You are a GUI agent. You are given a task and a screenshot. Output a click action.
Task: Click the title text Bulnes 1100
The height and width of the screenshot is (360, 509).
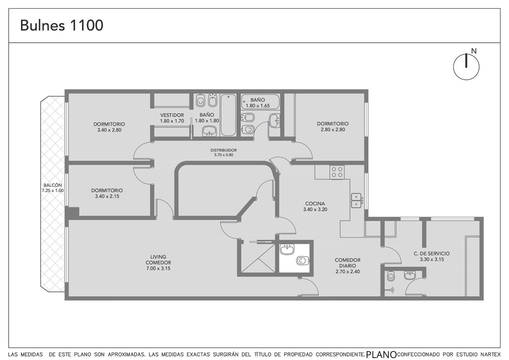pos(62,25)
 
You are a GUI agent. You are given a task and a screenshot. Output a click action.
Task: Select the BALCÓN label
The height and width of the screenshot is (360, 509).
pos(53,185)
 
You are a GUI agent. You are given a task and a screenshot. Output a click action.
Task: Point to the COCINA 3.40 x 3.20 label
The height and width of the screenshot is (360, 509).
pos(315,206)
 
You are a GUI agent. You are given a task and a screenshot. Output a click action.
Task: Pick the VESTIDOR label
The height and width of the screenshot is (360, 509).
pos(172,115)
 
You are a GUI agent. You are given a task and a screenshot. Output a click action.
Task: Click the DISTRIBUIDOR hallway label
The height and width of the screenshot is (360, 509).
pos(224,150)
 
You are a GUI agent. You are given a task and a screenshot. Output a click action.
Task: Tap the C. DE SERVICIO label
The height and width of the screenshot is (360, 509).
pos(432,253)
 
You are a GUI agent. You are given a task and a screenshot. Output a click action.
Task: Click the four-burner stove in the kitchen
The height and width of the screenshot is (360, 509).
pos(337,172)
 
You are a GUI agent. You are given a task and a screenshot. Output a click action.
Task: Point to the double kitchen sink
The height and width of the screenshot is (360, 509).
pos(356,200)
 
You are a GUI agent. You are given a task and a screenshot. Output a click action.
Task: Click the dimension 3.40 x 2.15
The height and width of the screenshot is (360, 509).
pos(107,196)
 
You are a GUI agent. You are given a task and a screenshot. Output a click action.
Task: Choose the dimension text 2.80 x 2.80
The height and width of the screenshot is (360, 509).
pos(333,130)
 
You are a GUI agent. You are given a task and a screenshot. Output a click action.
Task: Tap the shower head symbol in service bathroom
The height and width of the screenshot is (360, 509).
pos(391,290)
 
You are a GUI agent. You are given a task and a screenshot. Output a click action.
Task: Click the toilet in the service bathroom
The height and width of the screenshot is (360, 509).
pos(391,276)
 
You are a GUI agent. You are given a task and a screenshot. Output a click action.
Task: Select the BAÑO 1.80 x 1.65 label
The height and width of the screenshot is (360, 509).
pos(258,103)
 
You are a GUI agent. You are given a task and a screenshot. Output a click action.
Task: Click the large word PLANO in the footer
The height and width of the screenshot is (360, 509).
pos(382,354)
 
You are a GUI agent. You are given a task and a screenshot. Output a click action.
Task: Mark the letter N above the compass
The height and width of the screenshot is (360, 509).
pos(474,51)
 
